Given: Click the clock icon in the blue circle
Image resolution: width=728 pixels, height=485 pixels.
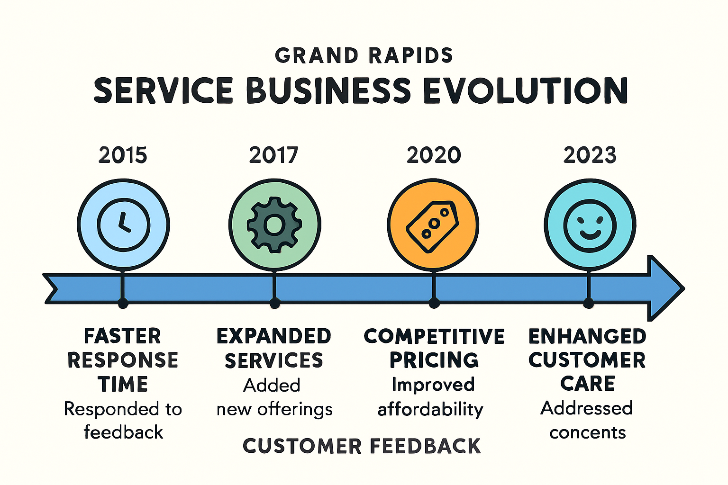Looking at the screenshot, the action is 124,225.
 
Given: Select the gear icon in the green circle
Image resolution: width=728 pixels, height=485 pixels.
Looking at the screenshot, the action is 274,225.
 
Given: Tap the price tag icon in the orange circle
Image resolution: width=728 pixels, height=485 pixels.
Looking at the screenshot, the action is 433,226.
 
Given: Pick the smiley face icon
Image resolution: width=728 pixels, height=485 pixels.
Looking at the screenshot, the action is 590,225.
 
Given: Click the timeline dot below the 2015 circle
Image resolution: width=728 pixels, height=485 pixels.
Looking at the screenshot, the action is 123,304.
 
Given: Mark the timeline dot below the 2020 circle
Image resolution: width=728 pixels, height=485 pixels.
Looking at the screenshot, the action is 434,304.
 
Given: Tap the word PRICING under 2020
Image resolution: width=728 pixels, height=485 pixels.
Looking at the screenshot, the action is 434,360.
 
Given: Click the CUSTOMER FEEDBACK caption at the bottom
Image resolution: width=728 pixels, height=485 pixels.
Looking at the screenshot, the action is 362,446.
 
